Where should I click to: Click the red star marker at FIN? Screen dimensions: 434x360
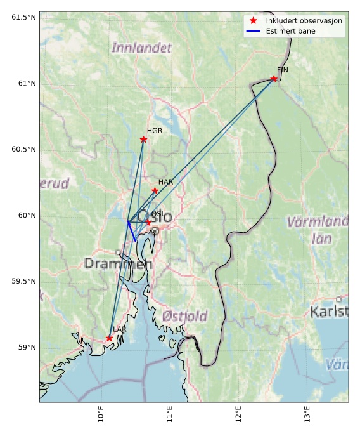point(274,79)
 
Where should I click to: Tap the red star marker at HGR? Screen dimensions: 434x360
point(143,140)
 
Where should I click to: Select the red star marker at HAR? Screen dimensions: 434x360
point(155,190)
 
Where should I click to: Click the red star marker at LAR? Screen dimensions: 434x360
point(109,338)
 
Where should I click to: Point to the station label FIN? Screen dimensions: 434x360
point(283,70)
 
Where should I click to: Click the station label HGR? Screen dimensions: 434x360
point(155,131)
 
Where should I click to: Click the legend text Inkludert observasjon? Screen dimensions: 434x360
point(304,21)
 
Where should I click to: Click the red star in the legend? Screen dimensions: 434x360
point(253,21)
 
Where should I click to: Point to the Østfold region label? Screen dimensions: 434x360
point(184,316)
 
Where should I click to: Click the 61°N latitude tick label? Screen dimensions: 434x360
point(23,83)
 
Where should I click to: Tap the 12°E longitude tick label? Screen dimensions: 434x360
point(238,416)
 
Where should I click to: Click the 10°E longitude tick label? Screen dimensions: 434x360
point(101,416)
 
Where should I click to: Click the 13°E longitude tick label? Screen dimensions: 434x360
point(307,416)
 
